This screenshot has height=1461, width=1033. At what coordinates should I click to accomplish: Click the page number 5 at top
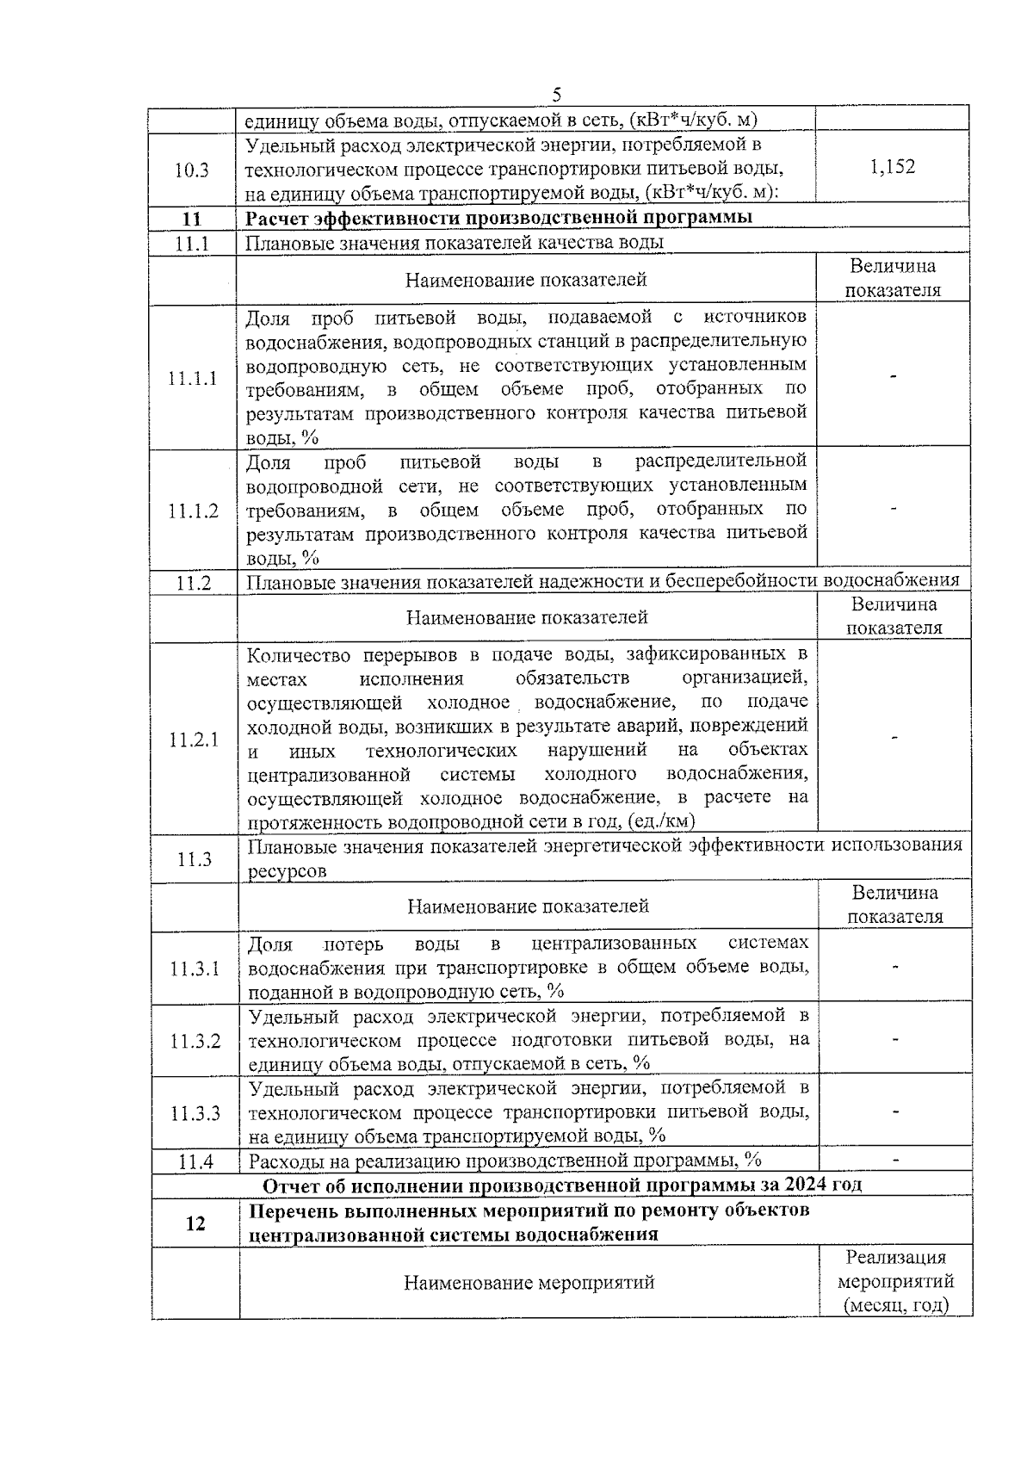[557, 94]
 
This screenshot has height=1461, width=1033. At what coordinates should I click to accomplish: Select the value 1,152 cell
[893, 167]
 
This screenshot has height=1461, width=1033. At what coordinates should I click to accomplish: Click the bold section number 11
[193, 218]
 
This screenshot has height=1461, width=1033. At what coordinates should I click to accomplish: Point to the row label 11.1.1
[193, 378]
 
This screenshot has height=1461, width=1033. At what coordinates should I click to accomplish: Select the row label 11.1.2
[193, 511]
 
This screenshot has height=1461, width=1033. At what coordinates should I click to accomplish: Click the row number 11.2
[194, 583]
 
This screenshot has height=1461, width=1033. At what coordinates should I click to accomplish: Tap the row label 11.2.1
[194, 740]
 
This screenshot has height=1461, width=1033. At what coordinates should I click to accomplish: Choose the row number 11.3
[195, 858]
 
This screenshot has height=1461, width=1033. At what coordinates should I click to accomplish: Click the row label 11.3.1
[195, 969]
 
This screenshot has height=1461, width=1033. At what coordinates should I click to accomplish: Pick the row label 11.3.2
[195, 1041]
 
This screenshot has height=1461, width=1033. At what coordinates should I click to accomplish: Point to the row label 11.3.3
[195, 1113]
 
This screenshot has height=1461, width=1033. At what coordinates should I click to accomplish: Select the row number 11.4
[195, 1161]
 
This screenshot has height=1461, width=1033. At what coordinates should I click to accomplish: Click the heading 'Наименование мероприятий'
[529, 1282]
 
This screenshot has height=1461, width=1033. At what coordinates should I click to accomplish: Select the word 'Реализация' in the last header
[895, 1258]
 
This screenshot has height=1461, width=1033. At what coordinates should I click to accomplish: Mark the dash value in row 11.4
[896, 1161]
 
